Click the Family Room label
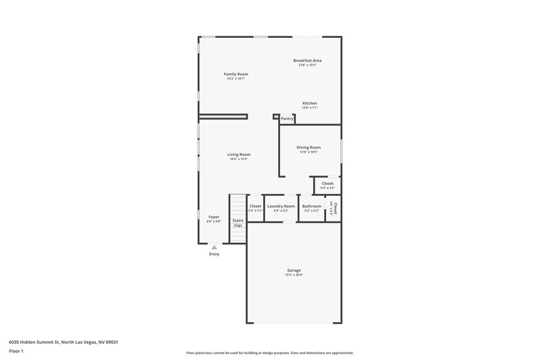(x=236, y=74)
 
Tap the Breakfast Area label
(x=307, y=60)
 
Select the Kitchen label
(x=309, y=103)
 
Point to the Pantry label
(x=287, y=118)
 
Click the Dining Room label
(x=308, y=147)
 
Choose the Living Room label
(x=238, y=155)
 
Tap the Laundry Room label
(x=281, y=206)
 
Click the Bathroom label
(x=312, y=206)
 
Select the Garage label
(x=294, y=270)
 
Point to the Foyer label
(x=213, y=217)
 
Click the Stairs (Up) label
(x=238, y=222)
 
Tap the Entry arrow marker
(x=215, y=247)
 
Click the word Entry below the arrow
(x=215, y=254)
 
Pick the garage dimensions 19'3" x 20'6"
(x=294, y=275)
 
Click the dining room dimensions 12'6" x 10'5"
(x=308, y=152)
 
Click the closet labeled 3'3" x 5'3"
(x=255, y=208)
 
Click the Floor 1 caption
(x=17, y=351)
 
